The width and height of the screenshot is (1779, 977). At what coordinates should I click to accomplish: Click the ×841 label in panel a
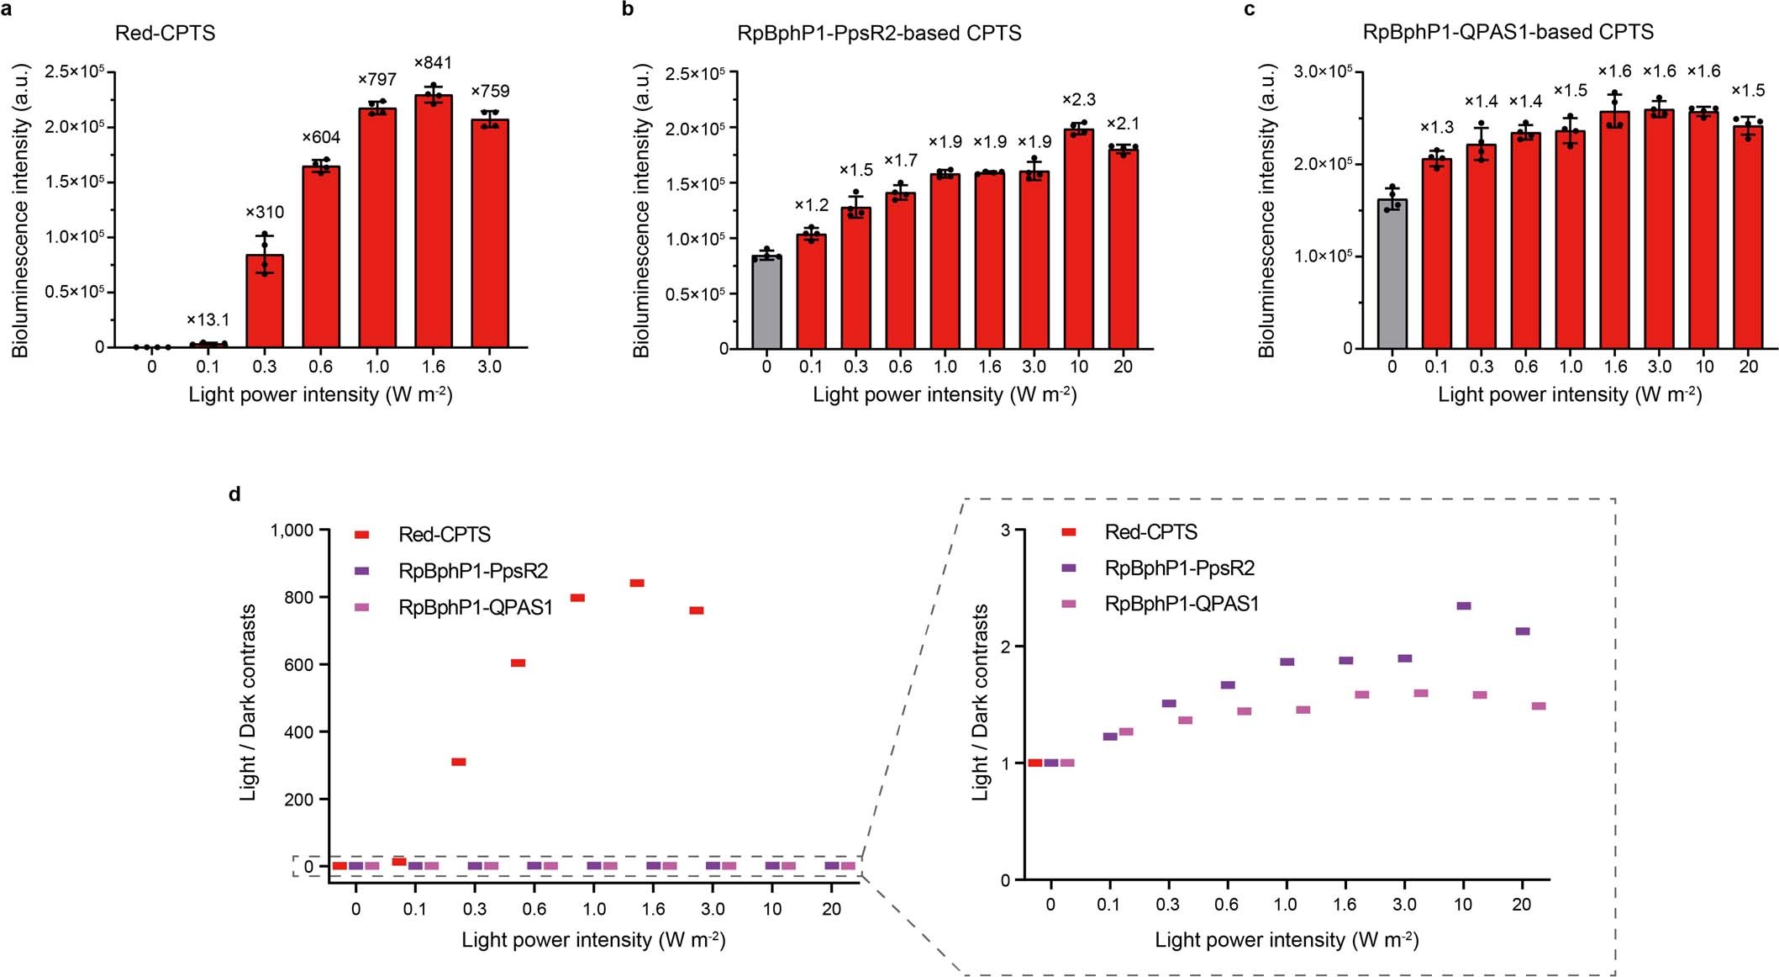coord(433,63)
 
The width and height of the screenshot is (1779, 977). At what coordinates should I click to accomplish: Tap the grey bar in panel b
coord(766,303)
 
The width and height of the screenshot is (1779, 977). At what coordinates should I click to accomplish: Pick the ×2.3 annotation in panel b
coord(1079,100)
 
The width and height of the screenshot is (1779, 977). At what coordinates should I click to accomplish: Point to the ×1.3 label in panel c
coord(1437,128)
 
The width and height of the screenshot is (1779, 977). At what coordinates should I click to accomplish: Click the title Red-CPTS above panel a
coord(165,33)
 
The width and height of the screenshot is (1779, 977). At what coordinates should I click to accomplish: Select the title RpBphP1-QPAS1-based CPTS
coord(1508,32)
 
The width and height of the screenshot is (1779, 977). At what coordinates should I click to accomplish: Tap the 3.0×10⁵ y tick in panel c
coord(1323,71)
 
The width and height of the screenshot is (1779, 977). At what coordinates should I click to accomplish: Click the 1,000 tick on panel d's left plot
coord(292,530)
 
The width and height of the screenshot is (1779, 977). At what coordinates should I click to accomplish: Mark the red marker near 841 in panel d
coord(637,583)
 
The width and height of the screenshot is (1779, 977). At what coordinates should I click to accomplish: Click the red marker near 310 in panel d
coord(459,762)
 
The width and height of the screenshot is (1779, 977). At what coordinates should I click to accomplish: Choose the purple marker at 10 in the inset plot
coord(1463,605)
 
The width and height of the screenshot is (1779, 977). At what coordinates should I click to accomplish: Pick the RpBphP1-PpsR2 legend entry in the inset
coord(1179,568)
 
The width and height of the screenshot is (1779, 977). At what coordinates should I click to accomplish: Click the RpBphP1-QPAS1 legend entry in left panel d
coord(475,607)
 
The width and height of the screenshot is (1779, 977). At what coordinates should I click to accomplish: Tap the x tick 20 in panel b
coord(1123,367)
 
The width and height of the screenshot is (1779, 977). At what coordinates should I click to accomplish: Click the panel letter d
coord(235,494)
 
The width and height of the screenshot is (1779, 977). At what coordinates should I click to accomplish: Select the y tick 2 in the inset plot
coord(1005,647)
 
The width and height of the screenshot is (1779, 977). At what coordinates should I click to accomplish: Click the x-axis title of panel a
coord(320,394)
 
